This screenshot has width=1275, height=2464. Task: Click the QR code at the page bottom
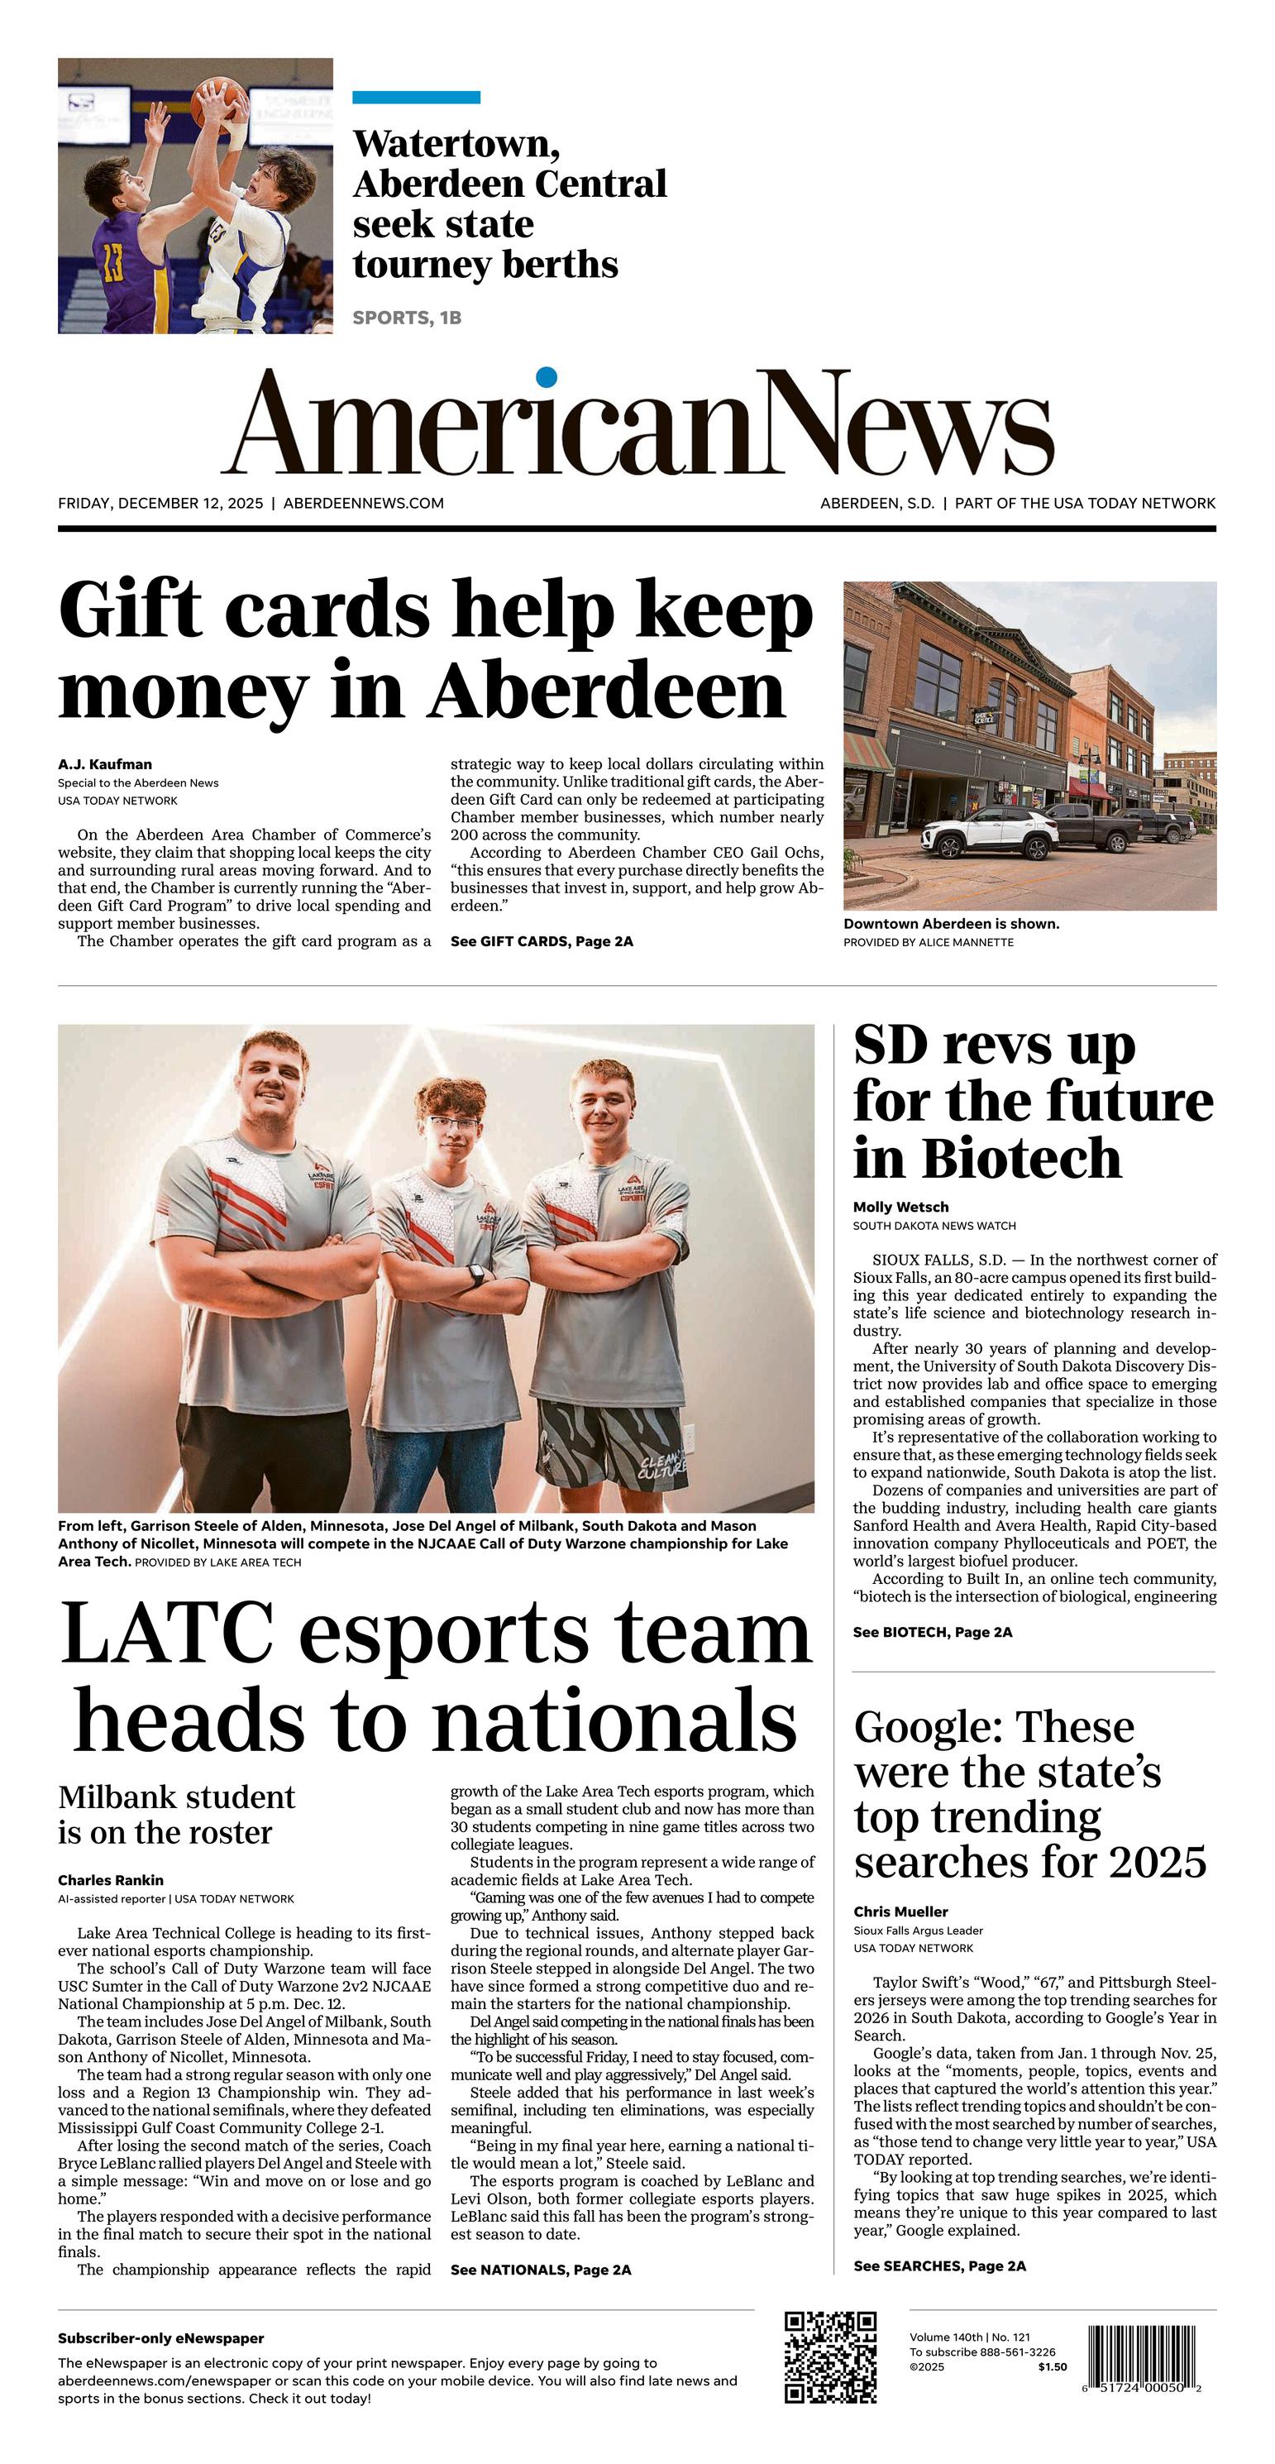pyautogui.click(x=830, y=2358)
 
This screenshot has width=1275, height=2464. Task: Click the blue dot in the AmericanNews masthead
pyautogui.click(x=547, y=377)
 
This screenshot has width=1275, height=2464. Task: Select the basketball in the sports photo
pyautogui.click(x=216, y=100)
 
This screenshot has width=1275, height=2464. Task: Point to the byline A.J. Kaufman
pyautogui.click(x=104, y=764)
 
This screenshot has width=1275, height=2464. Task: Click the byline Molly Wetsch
pyautogui.click(x=900, y=1207)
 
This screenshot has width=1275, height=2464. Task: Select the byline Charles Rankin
pyautogui.click(x=110, y=1881)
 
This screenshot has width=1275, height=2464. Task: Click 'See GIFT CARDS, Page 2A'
pyautogui.click(x=542, y=941)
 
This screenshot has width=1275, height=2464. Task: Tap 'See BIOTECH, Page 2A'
pyautogui.click(x=932, y=1632)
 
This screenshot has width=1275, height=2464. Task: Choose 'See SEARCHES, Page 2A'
pyautogui.click(x=939, y=2266)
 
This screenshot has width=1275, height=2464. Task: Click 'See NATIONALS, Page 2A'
pyautogui.click(x=541, y=2270)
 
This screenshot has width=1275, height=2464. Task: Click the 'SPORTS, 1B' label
pyautogui.click(x=407, y=318)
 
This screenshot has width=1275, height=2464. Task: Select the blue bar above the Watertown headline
pyautogui.click(x=416, y=98)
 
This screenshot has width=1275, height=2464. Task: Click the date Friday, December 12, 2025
pyautogui.click(x=160, y=503)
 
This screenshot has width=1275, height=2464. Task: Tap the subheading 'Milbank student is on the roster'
pyautogui.click(x=177, y=1815)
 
